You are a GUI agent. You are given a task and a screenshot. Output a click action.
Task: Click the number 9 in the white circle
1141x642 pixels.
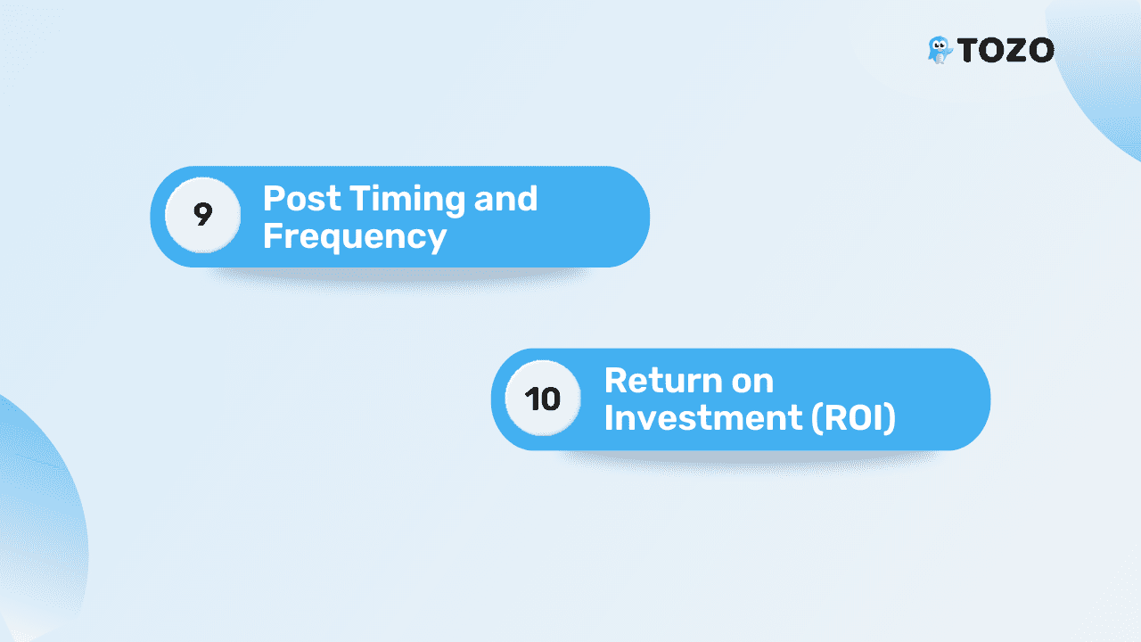(202, 214)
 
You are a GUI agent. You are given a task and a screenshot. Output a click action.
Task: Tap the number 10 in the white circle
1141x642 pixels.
(543, 399)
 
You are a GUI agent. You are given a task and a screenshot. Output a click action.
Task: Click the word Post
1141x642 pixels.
(301, 198)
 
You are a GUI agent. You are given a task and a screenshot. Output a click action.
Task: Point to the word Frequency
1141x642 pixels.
(355, 237)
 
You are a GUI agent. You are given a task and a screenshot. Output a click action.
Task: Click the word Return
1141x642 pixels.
(663, 381)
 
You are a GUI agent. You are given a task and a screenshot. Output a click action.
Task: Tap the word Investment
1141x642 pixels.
(703, 418)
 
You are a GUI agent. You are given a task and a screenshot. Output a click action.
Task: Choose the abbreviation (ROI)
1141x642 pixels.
(854, 418)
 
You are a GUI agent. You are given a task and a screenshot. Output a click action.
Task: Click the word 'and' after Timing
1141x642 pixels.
(505, 198)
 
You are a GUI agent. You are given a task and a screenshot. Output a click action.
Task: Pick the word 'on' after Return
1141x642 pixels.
(753, 383)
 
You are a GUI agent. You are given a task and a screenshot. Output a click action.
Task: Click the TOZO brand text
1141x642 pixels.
(1006, 50)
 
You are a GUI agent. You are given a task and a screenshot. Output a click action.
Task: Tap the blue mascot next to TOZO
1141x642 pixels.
(940, 50)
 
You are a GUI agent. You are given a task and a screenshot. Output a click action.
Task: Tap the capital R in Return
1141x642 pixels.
(615, 381)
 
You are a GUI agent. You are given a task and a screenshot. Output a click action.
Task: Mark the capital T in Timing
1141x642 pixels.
(361, 198)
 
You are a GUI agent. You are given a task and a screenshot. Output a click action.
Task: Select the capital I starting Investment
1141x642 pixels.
(608, 418)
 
